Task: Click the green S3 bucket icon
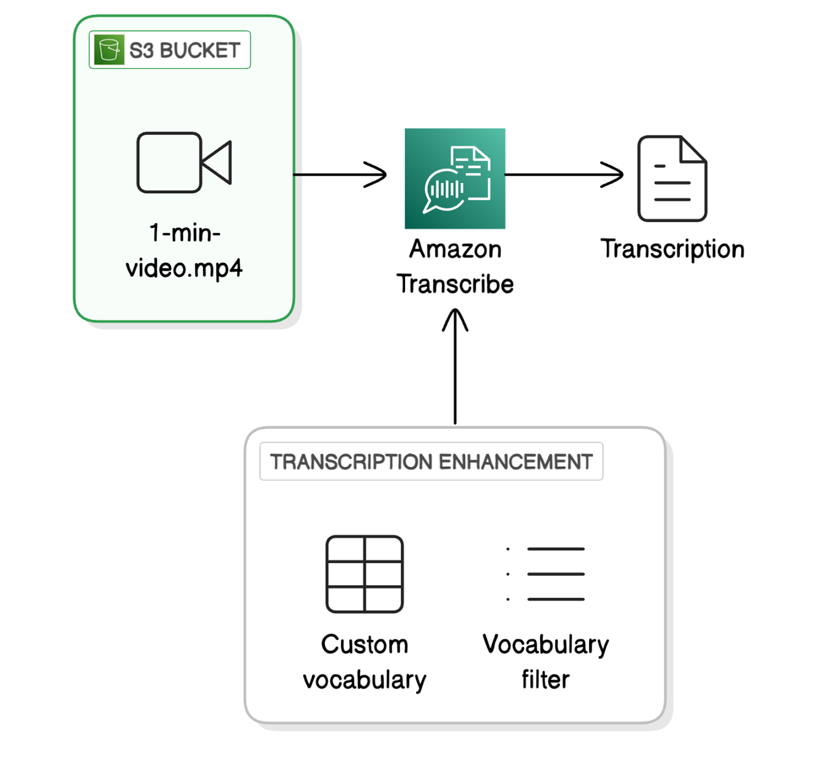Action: (x=109, y=50)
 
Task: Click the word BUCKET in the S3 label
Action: (x=199, y=51)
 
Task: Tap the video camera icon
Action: (x=184, y=163)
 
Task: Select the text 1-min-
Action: (x=185, y=233)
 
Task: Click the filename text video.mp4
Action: (x=184, y=268)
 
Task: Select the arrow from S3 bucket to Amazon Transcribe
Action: (x=340, y=175)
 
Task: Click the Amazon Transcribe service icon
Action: (x=455, y=179)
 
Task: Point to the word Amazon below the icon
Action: (x=455, y=249)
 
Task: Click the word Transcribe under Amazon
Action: (x=455, y=284)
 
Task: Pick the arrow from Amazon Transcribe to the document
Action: (x=564, y=175)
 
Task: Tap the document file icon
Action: (x=672, y=179)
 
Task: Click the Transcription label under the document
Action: (x=672, y=249)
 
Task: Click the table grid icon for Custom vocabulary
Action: (x=364, y=574)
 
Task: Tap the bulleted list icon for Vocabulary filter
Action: (x=545, y=574)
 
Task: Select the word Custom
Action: (x=364, y=645)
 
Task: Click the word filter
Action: (x=545, y=680)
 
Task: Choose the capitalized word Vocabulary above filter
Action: (x=545, y=645)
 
